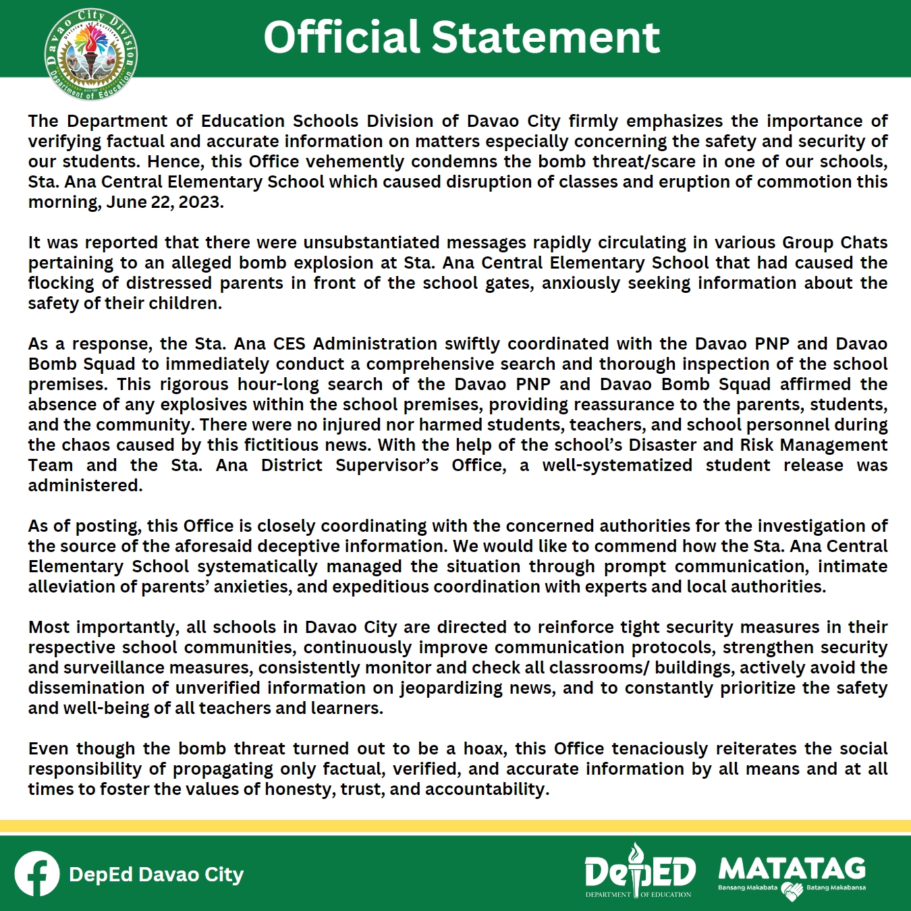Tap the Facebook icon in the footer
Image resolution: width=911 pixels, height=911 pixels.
point(37,874)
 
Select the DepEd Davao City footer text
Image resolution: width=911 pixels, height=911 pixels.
point(156,875)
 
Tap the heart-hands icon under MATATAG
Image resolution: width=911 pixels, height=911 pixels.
point(792,891)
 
